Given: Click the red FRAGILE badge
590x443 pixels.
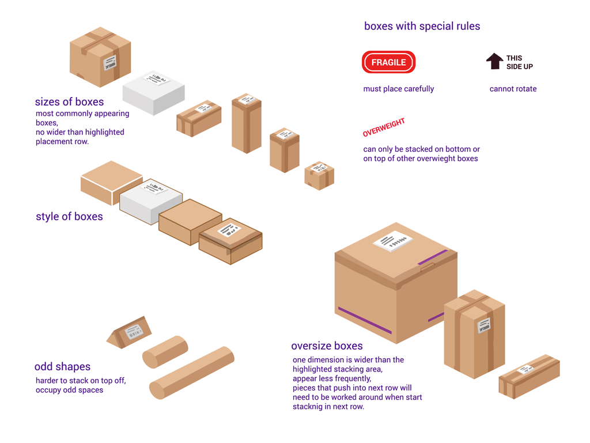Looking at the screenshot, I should point(388,62).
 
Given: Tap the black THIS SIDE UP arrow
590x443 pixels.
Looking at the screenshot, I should point(494,61).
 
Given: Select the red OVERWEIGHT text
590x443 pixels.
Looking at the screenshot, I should point(384,127).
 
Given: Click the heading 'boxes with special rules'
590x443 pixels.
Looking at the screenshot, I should point(422,26).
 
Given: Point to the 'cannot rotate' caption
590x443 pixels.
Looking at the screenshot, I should point(513,89).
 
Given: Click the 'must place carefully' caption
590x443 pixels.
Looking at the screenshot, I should point(398,89).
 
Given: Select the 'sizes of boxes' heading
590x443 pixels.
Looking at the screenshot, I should point(69,102).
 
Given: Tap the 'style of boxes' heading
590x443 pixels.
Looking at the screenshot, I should point(69,217).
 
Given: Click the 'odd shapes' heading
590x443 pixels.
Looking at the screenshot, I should point(62,367).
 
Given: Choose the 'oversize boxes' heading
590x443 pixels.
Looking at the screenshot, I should point(327,346).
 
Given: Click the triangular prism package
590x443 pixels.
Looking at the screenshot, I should point(130,333).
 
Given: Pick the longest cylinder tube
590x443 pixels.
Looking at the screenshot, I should point(191,373).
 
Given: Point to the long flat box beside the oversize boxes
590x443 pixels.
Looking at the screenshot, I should point(529,376).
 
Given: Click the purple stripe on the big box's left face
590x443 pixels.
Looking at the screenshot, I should point(365,320).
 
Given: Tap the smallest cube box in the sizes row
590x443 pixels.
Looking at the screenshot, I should point(319,175).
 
